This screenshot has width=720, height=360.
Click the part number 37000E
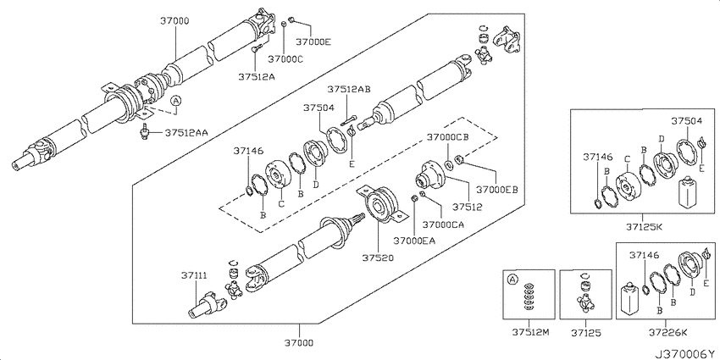313,42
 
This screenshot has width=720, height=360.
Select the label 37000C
285,58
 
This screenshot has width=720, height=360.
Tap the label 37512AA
186,133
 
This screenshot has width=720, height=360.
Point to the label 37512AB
349,89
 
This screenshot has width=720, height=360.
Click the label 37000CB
448,137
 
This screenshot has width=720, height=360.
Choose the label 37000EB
497,189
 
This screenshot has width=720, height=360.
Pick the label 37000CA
444,224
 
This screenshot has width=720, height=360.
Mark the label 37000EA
414,240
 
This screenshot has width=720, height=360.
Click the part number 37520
377,258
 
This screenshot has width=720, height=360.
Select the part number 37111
194,275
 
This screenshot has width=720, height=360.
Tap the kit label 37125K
642,226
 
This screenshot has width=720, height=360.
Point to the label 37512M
531,331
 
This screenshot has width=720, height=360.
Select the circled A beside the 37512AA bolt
176,101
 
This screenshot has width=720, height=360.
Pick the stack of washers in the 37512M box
530,297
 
